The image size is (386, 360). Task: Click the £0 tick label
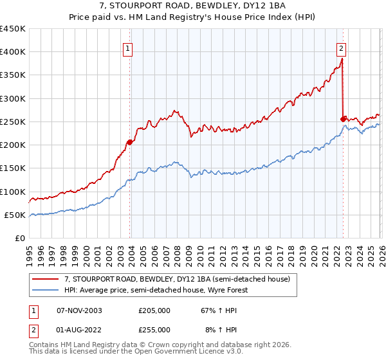[x=21, y=238]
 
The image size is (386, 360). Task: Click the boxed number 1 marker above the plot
[x=128, y=48]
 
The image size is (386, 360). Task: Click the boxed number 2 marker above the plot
[x=340, y=48]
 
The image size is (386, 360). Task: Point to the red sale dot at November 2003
[x=130, y=142]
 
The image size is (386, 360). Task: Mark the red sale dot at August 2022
[x=343, y=119]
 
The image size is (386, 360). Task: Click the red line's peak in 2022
[x=341, y=60]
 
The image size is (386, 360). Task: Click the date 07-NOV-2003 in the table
[x=79, y=310]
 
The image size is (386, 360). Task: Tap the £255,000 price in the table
[x=154, y=330]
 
